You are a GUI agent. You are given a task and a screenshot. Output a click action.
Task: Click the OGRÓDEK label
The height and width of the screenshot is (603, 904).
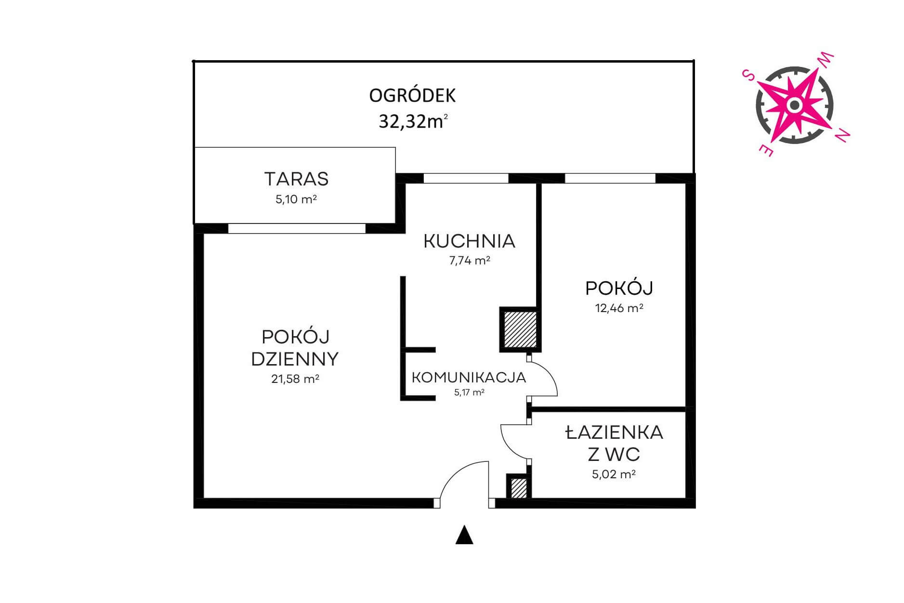click(412, 95)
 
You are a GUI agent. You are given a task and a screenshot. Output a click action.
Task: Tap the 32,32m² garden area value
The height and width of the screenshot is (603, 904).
click(413, 121)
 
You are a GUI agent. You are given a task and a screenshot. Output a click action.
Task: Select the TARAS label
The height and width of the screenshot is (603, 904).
click(296, 179)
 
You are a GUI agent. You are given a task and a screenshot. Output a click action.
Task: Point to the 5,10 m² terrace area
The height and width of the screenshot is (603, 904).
click(296, 199)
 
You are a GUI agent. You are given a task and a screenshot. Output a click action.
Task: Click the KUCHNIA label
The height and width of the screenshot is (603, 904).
click(470, 241)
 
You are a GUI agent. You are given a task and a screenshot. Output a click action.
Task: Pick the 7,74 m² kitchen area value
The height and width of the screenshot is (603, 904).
click(470, 261)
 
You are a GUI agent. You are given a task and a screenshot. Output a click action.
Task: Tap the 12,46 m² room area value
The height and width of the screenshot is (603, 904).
click(619, 308)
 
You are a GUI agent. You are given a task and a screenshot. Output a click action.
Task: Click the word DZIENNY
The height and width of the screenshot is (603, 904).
click(295, 359)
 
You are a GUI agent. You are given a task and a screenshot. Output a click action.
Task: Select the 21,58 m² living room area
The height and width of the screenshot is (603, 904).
click(295, 379)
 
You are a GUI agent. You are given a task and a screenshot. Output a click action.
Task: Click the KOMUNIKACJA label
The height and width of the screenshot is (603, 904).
click(469, 377)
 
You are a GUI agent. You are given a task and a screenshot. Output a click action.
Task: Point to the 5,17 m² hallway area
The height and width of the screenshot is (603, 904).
click(469, 393)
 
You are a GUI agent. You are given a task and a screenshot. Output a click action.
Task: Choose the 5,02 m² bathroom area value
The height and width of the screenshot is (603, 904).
click(614, 474)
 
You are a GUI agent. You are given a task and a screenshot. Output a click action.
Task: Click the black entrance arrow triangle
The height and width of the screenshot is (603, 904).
click(464, 535)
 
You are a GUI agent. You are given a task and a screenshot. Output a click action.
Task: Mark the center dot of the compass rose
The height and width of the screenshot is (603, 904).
click(795, 105)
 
